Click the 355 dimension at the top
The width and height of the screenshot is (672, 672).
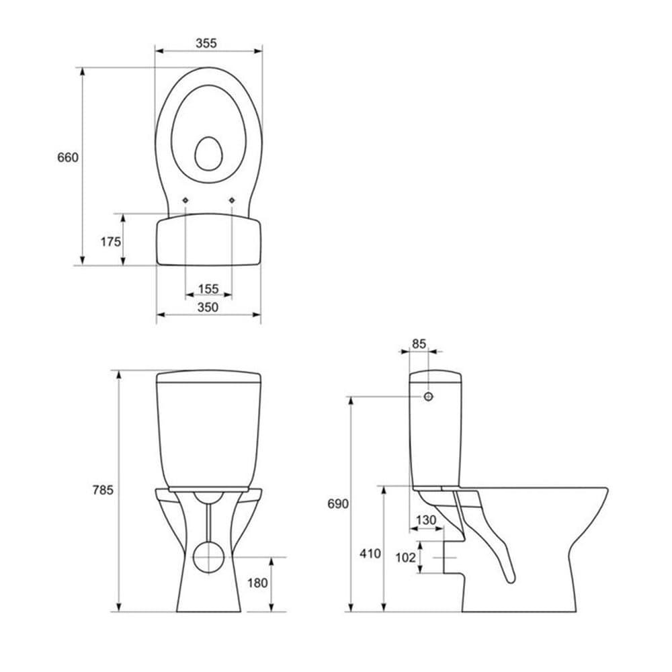[206, 43]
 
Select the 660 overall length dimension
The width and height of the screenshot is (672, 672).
[67, 157]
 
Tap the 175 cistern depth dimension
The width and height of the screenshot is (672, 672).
[110, 241]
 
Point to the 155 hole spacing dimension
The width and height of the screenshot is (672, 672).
[208, 289]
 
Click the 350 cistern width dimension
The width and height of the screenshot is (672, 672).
[208, 307]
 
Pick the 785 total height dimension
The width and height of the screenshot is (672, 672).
[103, 490]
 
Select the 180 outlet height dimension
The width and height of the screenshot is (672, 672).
[257, 583]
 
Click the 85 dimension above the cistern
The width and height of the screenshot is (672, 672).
[419, 343]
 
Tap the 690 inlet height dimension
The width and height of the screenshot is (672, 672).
[338, 503]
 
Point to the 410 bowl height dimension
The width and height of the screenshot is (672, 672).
[370, 554]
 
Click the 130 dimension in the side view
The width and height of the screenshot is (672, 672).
[425, 520]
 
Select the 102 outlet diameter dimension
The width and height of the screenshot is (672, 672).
[406, 557]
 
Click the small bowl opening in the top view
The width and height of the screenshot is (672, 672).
[208, 153]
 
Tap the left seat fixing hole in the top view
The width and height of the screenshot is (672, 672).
[185, 200]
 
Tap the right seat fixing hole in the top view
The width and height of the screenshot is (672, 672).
[232, 200]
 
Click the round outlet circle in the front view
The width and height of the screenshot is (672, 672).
[209, 556]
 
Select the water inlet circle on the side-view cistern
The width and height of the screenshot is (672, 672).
[429, 396]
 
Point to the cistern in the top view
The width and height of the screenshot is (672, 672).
[208, 241]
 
